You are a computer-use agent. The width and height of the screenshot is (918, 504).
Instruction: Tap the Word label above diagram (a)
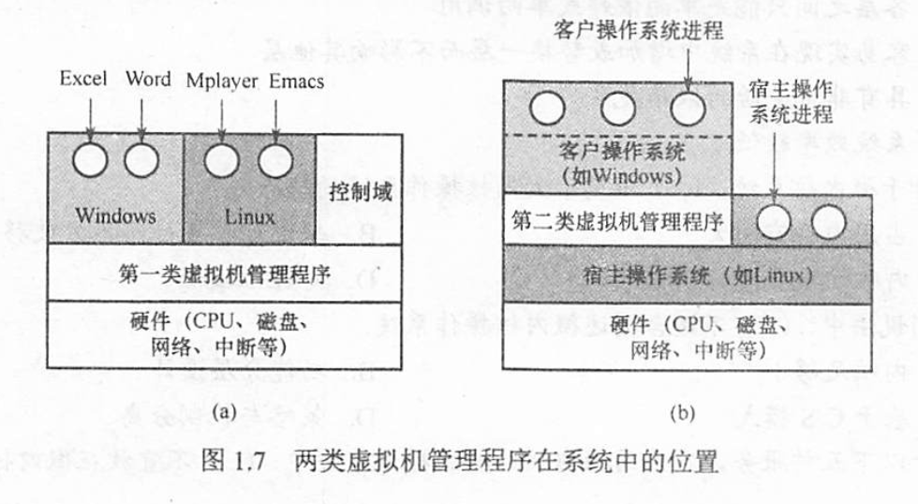click(x=148, y=81)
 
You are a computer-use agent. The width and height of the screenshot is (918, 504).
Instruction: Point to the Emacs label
click(x=296, y=82)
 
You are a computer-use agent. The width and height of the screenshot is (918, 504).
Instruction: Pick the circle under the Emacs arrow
click(x=274, y=159)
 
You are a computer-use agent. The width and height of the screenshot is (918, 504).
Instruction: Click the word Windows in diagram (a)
click(x=116, y=215)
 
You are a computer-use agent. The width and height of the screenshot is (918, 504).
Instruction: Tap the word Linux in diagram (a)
click(x=250, y=216)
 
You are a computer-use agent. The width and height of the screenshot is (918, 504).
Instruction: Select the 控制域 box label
click(x=361, y=196)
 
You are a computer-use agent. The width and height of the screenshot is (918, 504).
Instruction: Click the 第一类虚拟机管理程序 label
click(x=228, y=274)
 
